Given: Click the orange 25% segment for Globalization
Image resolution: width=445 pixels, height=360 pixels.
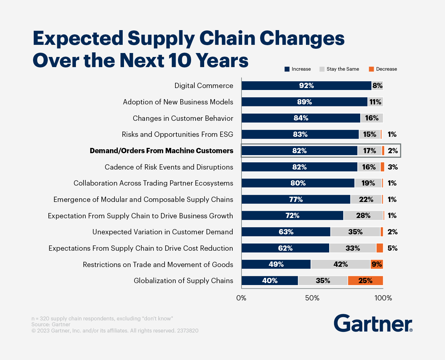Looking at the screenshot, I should click(365, 281).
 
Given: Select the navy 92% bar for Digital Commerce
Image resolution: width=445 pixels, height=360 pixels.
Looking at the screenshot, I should click(306, 86).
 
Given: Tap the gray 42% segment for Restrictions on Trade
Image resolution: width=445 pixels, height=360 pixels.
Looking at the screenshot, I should click(340, 264).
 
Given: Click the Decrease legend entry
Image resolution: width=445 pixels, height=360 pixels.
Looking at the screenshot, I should click(383, 69).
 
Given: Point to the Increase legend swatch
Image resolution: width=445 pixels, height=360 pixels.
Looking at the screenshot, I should click(287, 69).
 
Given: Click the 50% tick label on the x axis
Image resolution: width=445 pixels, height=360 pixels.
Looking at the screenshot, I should click(312, 298).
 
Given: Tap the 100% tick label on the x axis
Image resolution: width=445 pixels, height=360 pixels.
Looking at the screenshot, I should click(383, 298).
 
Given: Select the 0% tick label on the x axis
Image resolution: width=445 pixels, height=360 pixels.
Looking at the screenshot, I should click(241, 298).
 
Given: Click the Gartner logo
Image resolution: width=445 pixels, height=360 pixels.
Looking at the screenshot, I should click(373, 323).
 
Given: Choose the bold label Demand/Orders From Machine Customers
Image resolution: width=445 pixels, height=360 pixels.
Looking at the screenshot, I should click(161, 151).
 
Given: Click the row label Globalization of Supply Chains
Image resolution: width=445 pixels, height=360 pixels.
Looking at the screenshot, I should click(183, 281).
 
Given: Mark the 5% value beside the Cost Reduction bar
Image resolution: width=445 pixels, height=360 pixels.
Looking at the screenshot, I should click(392, 248).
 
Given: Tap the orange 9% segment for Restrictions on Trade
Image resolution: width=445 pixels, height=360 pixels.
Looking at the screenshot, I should click(377, 264).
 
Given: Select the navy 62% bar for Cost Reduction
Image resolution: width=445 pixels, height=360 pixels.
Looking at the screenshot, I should click(285, 248).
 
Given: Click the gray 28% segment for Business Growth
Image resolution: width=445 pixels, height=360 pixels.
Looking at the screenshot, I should click(363, 216).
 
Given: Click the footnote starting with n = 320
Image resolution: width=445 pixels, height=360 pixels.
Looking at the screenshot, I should click(102, 318).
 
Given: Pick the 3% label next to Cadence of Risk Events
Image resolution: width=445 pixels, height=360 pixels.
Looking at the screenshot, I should click(393, 167).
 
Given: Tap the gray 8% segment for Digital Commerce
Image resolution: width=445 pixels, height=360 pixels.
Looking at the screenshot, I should click(377, 86).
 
